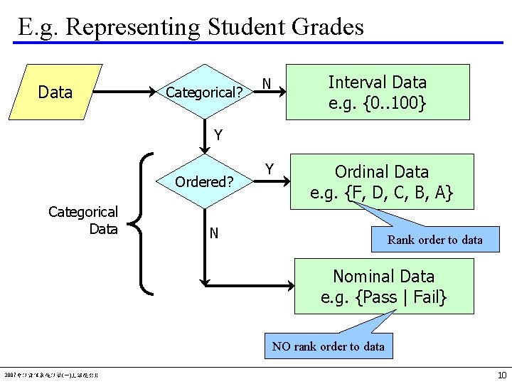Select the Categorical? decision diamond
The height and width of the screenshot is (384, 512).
204,92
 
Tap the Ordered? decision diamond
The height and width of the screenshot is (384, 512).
204,181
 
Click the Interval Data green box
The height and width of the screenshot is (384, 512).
378,92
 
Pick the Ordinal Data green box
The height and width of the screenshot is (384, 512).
382,181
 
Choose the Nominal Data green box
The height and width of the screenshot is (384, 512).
384,286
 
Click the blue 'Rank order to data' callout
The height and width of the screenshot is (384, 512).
434,240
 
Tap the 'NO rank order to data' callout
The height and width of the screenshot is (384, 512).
328,346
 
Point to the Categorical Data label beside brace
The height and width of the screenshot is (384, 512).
83,220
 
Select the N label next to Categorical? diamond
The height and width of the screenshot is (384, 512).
266,84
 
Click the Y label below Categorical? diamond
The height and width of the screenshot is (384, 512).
218,134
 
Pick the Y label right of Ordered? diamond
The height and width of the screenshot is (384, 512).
270,169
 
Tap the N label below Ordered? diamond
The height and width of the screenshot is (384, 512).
213,233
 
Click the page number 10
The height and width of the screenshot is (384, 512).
502,375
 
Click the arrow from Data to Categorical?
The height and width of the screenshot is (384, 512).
121,92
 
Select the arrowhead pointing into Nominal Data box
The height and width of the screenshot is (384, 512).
289,286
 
